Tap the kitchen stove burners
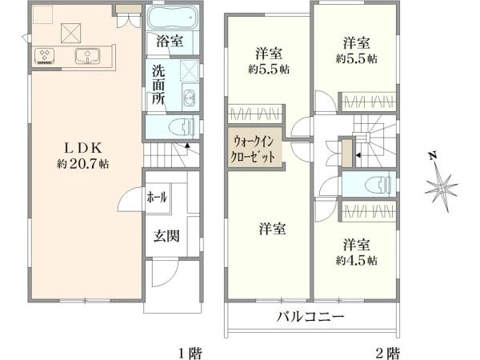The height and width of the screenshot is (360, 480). pos(44,56)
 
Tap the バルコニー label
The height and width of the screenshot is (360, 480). pos(310,317)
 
